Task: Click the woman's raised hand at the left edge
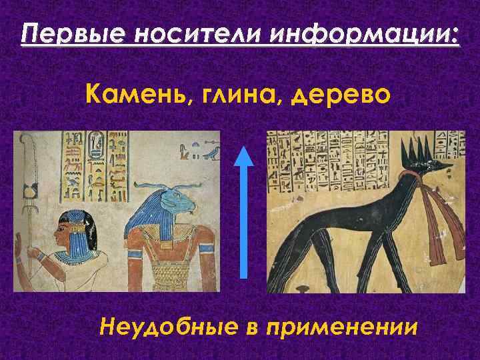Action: (x=18, y=248)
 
